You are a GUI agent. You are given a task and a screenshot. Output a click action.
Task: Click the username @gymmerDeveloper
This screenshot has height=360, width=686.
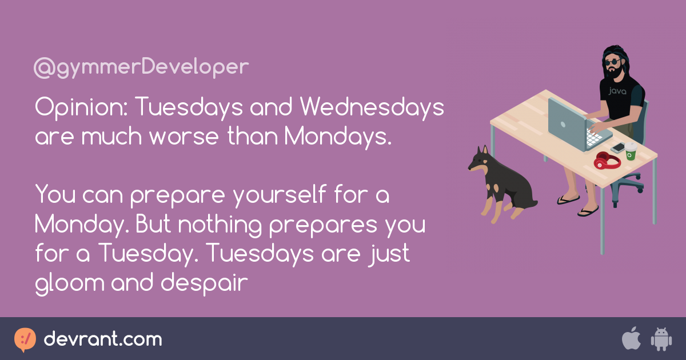141,67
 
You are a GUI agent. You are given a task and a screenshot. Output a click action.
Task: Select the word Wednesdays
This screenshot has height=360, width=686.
372,106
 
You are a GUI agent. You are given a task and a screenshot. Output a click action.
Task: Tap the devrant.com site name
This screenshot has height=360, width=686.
103,339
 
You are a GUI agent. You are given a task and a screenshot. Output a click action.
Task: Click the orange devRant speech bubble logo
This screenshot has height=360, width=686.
25,339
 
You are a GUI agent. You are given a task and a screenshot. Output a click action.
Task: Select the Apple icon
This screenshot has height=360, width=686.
631,339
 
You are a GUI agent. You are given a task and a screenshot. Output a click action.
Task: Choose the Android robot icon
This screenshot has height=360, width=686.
661,339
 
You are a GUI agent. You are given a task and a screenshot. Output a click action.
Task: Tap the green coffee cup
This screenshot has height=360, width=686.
631,151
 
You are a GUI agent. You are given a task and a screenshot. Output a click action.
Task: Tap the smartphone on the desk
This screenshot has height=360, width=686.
617,147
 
